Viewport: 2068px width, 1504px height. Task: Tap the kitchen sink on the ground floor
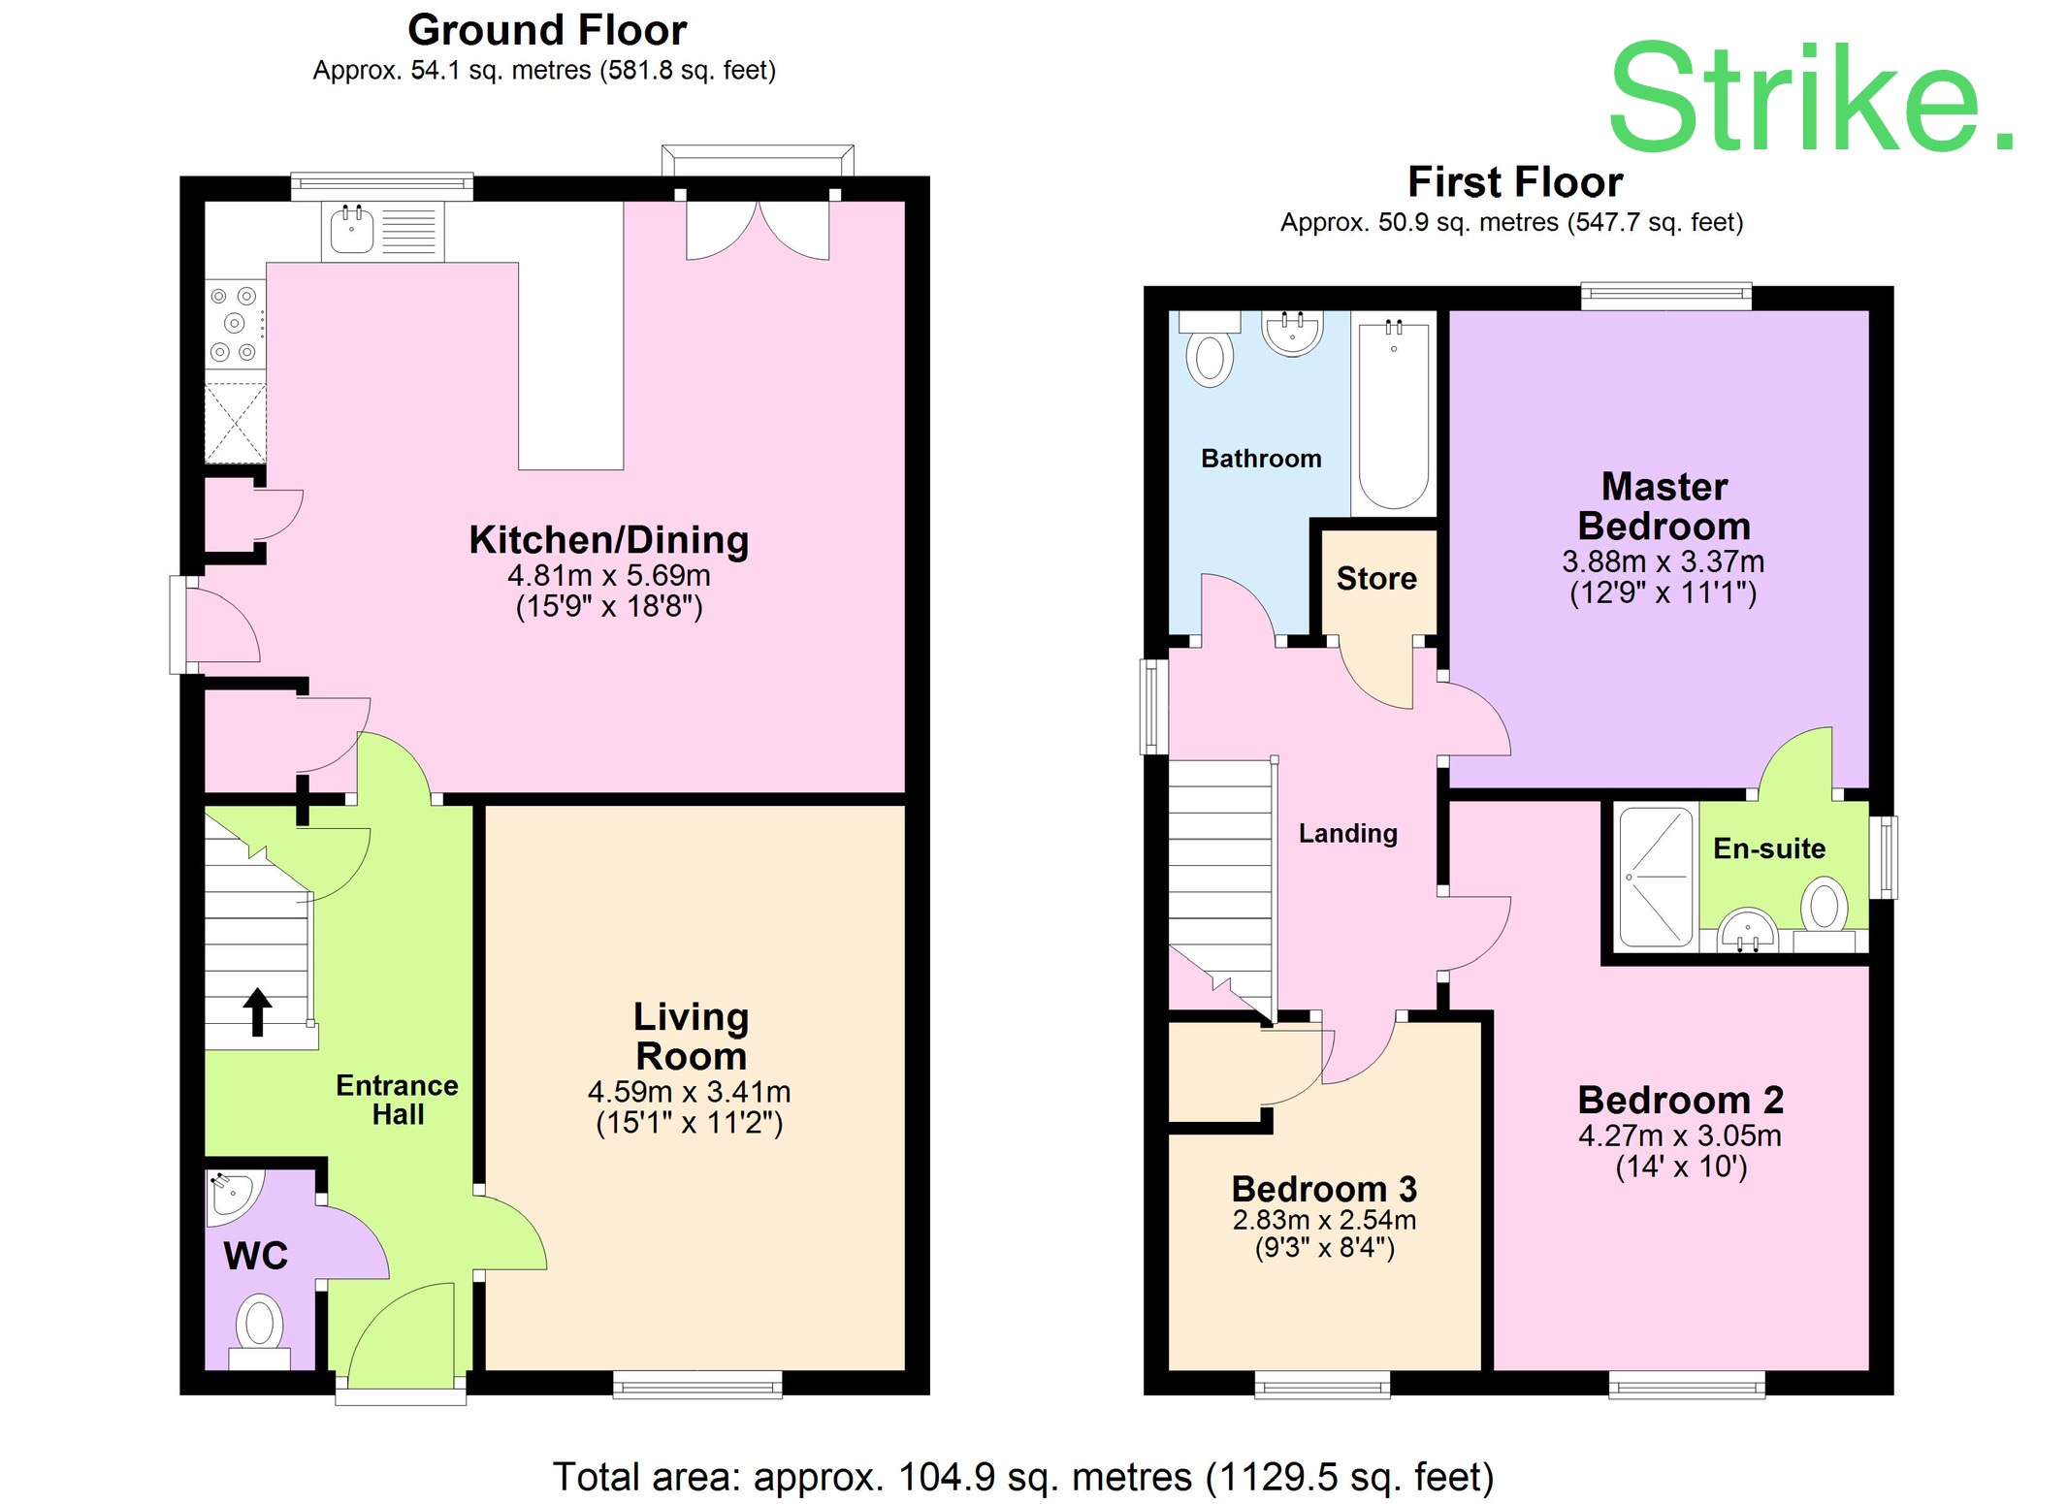(x=352, y=231)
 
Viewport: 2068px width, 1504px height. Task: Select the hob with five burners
(x=235, y=324)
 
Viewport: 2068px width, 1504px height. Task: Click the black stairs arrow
(x=257, y=1011)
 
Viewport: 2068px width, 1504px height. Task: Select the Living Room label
(x=691, y=1036)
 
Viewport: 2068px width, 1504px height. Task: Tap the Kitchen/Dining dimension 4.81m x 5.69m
(x=608, y=575)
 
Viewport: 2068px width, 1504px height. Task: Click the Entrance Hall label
(x=397, y=1099)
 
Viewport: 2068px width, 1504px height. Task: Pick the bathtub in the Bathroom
(x=1393, y=415)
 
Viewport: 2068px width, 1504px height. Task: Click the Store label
(x=1375, y=579)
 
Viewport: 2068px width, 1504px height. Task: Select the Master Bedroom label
(x=1664, y=506)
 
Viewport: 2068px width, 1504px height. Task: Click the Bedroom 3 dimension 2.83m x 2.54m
(x=1324, y=1219)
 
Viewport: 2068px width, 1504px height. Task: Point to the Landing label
(x=1347, y=833)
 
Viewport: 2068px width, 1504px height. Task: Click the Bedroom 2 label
(x=1680, y=1100)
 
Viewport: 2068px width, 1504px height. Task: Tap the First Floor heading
(x=1514, y=182)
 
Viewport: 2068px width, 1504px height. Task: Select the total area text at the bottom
(x=1022, y=1477)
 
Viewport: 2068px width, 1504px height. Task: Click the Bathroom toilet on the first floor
(x=1210, y=355)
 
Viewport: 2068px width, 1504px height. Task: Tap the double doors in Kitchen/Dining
(x=758, y=231)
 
